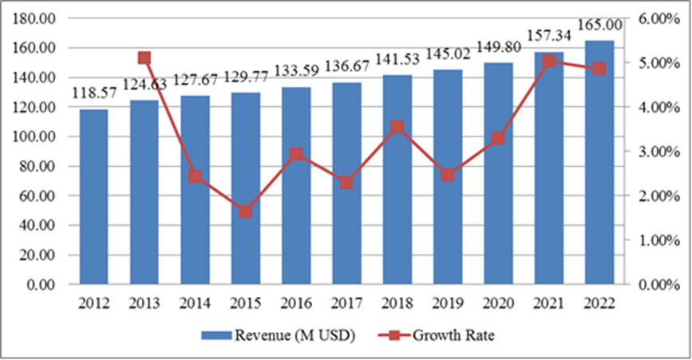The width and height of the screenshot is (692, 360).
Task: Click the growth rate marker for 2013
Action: pyautogui.click(x=144, y=57)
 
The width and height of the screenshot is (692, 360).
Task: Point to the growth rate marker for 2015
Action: pyautogui.click(x=245, y=212)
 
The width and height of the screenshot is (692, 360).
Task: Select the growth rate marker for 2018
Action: pyautogui.click(x=397, y=127)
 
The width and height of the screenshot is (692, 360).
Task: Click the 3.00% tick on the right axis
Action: pyautogui.click(x=658, y=152)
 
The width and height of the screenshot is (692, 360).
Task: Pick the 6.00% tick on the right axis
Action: pyautogui.click(x=658, y=18)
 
